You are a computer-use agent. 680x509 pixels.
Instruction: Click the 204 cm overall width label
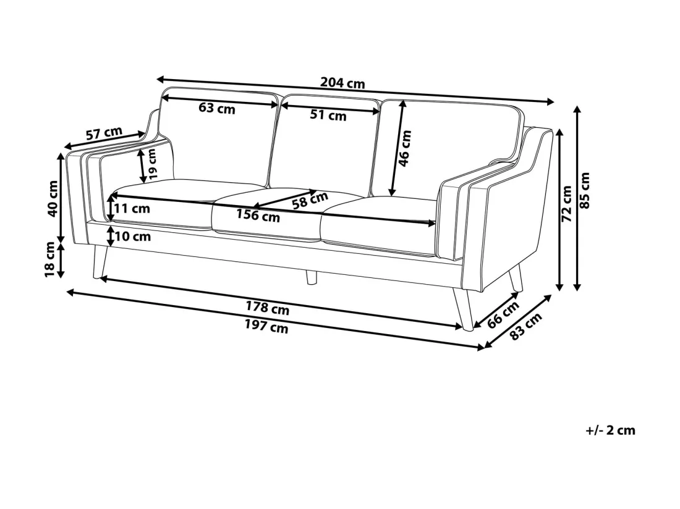pos(342,83)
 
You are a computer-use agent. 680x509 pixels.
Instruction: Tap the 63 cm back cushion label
pos(217,108)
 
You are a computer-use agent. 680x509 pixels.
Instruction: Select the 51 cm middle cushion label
pos(328,116)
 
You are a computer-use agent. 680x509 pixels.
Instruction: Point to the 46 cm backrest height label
pos(404,149)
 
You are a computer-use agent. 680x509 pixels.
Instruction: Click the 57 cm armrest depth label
pos(104,133)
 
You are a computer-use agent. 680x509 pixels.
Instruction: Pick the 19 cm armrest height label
pos(152,164)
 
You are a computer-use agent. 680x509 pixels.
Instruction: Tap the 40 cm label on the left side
pos(53,199)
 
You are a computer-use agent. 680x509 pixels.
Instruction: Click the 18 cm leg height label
pos(50,259)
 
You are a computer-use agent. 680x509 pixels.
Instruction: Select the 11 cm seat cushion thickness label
pos(132,209)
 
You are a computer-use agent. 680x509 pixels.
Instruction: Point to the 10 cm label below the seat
pos(133,237)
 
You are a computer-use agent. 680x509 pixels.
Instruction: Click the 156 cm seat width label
pos(258,216)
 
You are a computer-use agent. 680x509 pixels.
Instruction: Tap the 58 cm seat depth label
pos(310,200)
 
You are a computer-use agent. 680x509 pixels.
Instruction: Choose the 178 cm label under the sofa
pos(268,308)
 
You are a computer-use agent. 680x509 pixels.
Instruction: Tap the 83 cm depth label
pos(525,326)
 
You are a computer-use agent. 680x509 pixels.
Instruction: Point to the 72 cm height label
pos(566,204)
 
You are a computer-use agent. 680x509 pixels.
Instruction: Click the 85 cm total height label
pos(585,190)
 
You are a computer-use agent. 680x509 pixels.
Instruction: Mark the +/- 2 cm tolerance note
pos(610,431)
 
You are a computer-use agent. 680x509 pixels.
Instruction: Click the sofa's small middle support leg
pos(311,278)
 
